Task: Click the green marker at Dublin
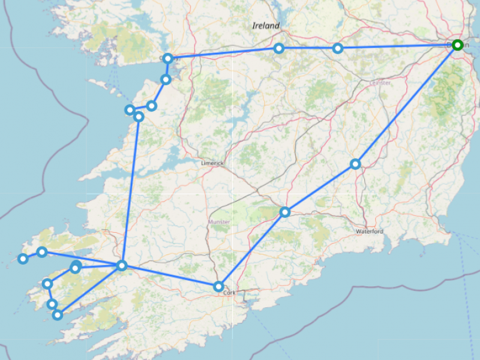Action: point(457,45)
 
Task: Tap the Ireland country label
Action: point(265,26)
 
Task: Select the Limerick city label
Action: point(212,163)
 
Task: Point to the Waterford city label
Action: point(369,231)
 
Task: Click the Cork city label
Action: point(229,293)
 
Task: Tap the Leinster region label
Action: point(380,82)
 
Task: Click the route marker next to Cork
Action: point(219,286)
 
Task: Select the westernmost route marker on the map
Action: point(23,259)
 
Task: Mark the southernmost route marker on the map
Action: point(58,314)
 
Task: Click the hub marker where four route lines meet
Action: point(122,265)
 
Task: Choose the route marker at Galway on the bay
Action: point(168,58)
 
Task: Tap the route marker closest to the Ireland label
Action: point(279,48)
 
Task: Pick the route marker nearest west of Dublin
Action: point(338,48)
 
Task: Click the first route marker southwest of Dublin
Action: point(356,164)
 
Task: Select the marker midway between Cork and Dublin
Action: point(285,212)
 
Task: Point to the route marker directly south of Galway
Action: point(166,79)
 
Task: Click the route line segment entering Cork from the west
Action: point(171,276)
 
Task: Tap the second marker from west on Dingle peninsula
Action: point(41,252)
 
